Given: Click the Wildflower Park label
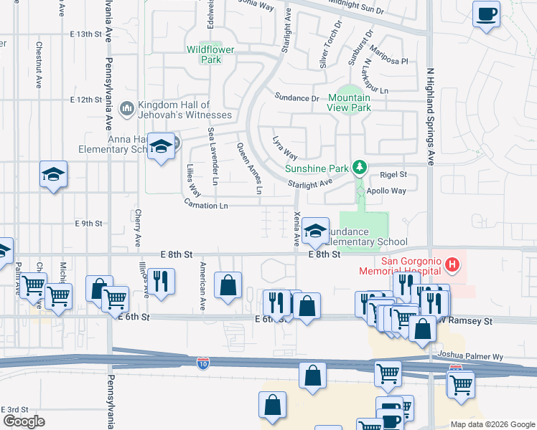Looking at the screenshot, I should pyautogui.click(x=204, y=54).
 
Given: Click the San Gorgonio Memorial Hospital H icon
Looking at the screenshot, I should pyautogui.click(x=452, y=265).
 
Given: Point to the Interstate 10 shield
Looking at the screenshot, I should pyautogui.click(x=204, y=364).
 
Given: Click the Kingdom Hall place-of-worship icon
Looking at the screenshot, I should pyautogui.click(x=126, y=108).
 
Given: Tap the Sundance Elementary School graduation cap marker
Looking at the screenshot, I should pyautogui.click(x=315, y=230).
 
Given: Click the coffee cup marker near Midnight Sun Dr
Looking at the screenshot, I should pyautogui.click(x=486, y=14).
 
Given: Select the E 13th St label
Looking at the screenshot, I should pyautogui.click(x=87, y=34).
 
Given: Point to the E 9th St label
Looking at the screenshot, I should pyautogui.click(x=89, y=223).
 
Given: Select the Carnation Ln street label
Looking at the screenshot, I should pyautogui.click(x=205, y=206).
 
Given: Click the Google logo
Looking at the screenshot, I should pyautogui.click(x=24, y=421).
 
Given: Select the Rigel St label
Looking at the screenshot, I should pyautogui.click(x=393, y=174).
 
